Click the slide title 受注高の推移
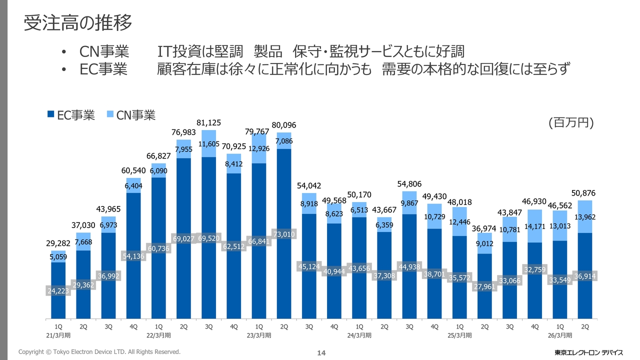point(78,23)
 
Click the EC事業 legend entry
point(71,115)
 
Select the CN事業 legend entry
point(131,115)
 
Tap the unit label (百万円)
point(570,123)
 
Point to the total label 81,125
point(209,122)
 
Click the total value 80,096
point(284,124)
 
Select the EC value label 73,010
point(284,234)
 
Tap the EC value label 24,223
point(58,290)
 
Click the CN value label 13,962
point(585,217)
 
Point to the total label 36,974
point(484,228)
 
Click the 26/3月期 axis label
point(559,335)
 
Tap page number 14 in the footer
point(321,353)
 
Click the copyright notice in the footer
point(99,352)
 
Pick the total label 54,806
point(409,183)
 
